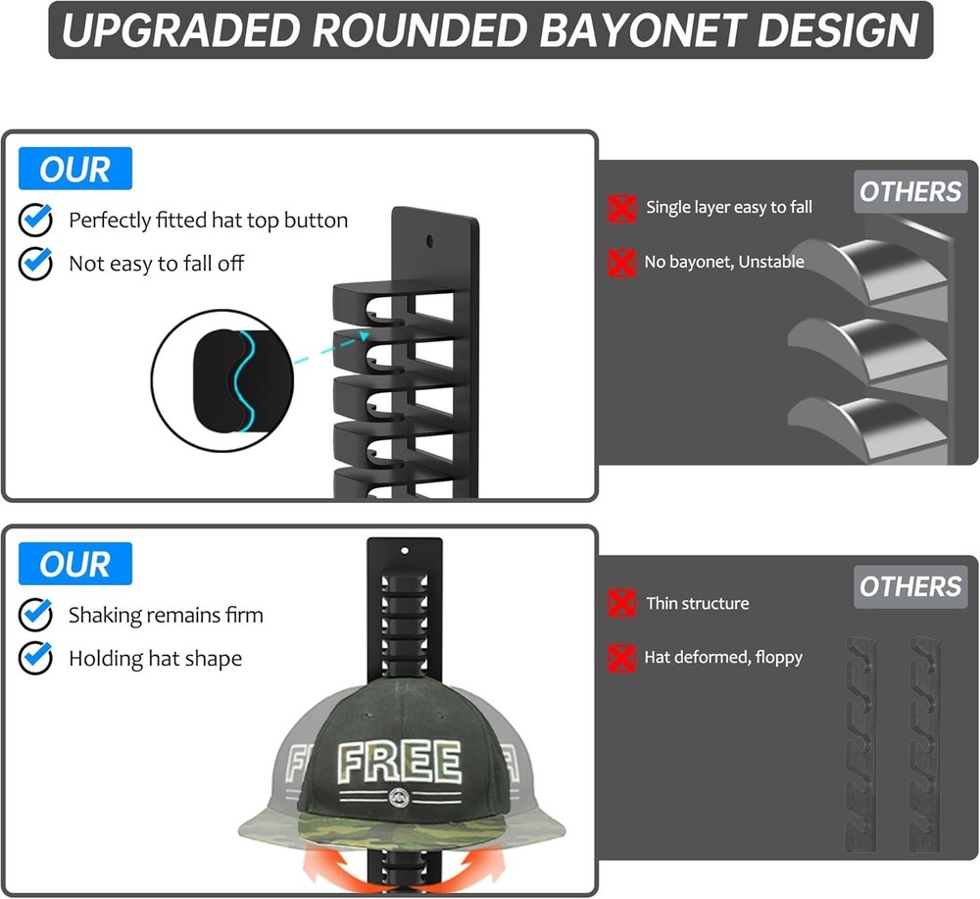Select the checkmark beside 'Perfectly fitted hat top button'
tap(35, 221)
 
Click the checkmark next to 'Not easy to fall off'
tap(35, 264)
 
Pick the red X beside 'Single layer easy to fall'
tap(621, 208)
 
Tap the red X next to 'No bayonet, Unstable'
tap(621, 263)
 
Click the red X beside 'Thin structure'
tap(621, 603)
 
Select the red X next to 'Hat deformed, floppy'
tap(621, 657)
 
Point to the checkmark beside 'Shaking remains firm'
tap(35, 616)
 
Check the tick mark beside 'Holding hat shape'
tap(35, 659)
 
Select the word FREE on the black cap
tap(399, 762)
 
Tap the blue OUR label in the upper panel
tap(75, 170)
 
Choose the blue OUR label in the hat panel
tap(75, 565)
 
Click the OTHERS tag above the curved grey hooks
tap(910, 192)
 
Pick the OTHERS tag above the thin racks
tap(910, 587)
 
